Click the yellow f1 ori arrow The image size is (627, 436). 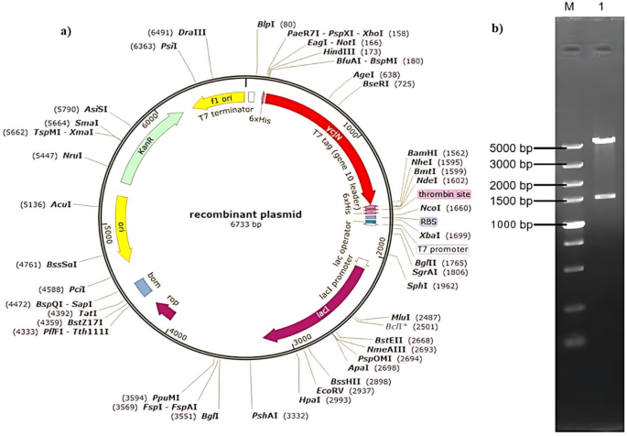click(x=217, y=98)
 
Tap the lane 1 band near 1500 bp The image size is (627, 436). click(x=603, y=196)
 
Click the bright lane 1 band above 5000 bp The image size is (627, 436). click(x=603, y=140)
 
